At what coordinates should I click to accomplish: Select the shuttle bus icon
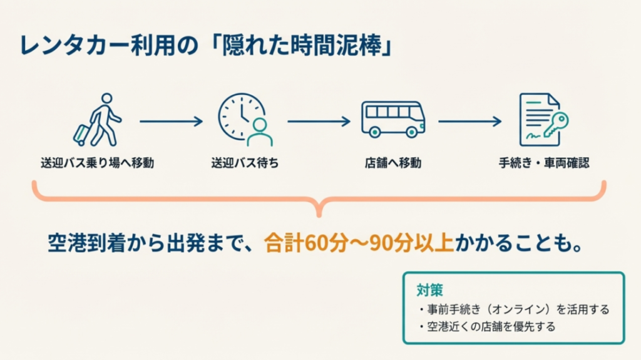coord(392,119)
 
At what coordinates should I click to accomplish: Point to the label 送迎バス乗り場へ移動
coord(96,163)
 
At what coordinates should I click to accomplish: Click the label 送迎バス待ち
coord(245,163)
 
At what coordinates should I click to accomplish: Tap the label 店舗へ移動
coord(393,163)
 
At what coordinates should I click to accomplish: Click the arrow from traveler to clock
coord(170,121)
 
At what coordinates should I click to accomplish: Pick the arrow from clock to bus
coord(319,121)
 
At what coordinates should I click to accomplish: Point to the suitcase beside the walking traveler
coord(82,134)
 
